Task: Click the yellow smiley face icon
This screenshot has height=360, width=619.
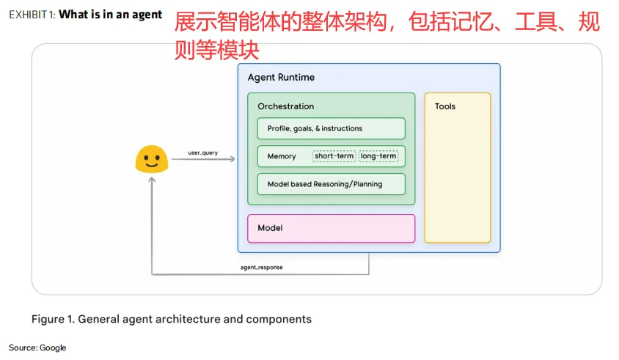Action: click(152, 159)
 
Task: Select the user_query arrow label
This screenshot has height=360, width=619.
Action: click(203, 153)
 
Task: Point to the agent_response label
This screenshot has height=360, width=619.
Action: click(261, 268)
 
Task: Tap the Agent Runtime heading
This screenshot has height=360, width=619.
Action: click(281, 78)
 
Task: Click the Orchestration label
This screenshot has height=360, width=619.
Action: click(285, 107)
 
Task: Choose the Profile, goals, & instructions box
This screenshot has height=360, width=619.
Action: click(331, 128)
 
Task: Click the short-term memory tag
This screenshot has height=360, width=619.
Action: click(334, 156)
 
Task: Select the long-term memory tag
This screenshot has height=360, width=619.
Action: click(378, 156)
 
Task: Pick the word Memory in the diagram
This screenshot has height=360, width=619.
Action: click(282, 156)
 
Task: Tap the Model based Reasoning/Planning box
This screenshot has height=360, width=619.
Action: click(331, 184)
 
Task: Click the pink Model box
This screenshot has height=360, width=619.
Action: click(331, 228)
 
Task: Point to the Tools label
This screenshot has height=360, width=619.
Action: click(444, 107)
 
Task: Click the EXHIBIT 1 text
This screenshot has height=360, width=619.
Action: click(32, 15)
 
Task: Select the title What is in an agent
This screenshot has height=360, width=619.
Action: click(110, 15)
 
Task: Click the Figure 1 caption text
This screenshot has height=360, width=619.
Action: click(171, 319)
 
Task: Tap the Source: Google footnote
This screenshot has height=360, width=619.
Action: click(37, 348)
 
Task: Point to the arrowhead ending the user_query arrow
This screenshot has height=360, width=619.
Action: click(232, 159)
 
